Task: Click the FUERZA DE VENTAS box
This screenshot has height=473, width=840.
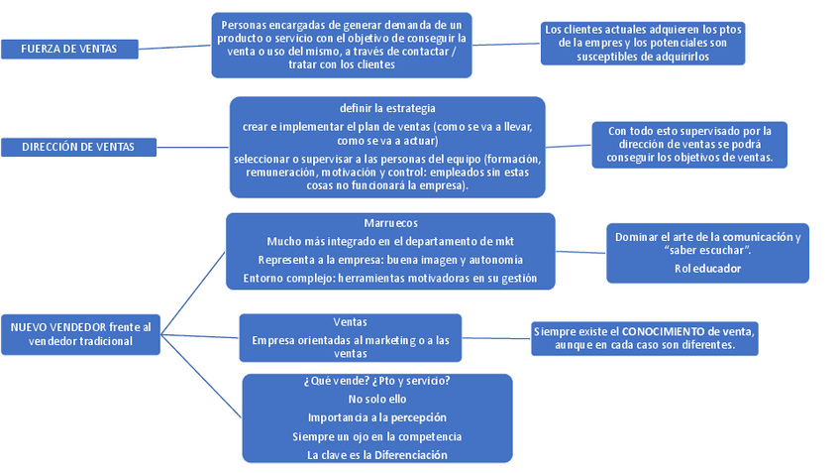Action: pos(69,49)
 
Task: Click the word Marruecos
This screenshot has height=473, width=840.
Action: pos(390,224)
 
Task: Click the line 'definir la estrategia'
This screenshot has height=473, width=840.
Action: pos(387,107)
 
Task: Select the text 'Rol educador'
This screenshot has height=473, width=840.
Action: pos(707,268)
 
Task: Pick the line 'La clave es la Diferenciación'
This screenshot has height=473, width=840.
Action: pos(377,454)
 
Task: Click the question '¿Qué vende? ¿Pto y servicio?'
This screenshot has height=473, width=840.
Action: pos(377,381)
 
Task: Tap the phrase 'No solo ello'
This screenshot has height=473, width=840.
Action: pos(377,399)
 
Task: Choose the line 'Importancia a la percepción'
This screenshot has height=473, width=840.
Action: pos(377,417)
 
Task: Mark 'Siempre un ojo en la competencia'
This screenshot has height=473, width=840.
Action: pos(377,436)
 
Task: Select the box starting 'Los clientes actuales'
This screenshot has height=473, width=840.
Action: pos(643,44)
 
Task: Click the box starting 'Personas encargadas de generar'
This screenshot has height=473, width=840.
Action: pos(342,45)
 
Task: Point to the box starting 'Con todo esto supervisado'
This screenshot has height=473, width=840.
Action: pos(683,144)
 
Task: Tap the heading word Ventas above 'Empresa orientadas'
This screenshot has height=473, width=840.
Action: pos(351,322)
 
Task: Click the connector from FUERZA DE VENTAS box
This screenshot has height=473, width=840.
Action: pos(175,46)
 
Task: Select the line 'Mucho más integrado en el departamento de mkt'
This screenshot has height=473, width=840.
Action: pos(390,241)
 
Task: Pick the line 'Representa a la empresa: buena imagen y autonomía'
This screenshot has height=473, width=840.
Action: pos(390,260)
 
